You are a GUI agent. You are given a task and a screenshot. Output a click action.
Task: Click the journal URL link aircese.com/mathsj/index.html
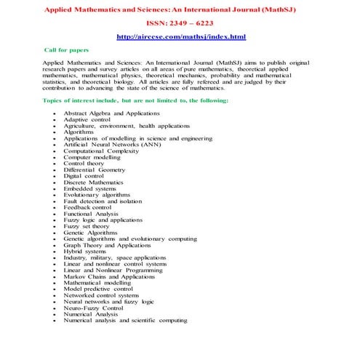click(x=181, y=36)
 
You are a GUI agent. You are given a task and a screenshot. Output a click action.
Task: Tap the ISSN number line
click(x=181, y=23)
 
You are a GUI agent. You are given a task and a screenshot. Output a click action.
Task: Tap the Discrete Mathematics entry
click(x=95, y=182)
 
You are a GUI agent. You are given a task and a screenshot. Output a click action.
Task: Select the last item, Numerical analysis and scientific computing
click(x=125, y=320)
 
